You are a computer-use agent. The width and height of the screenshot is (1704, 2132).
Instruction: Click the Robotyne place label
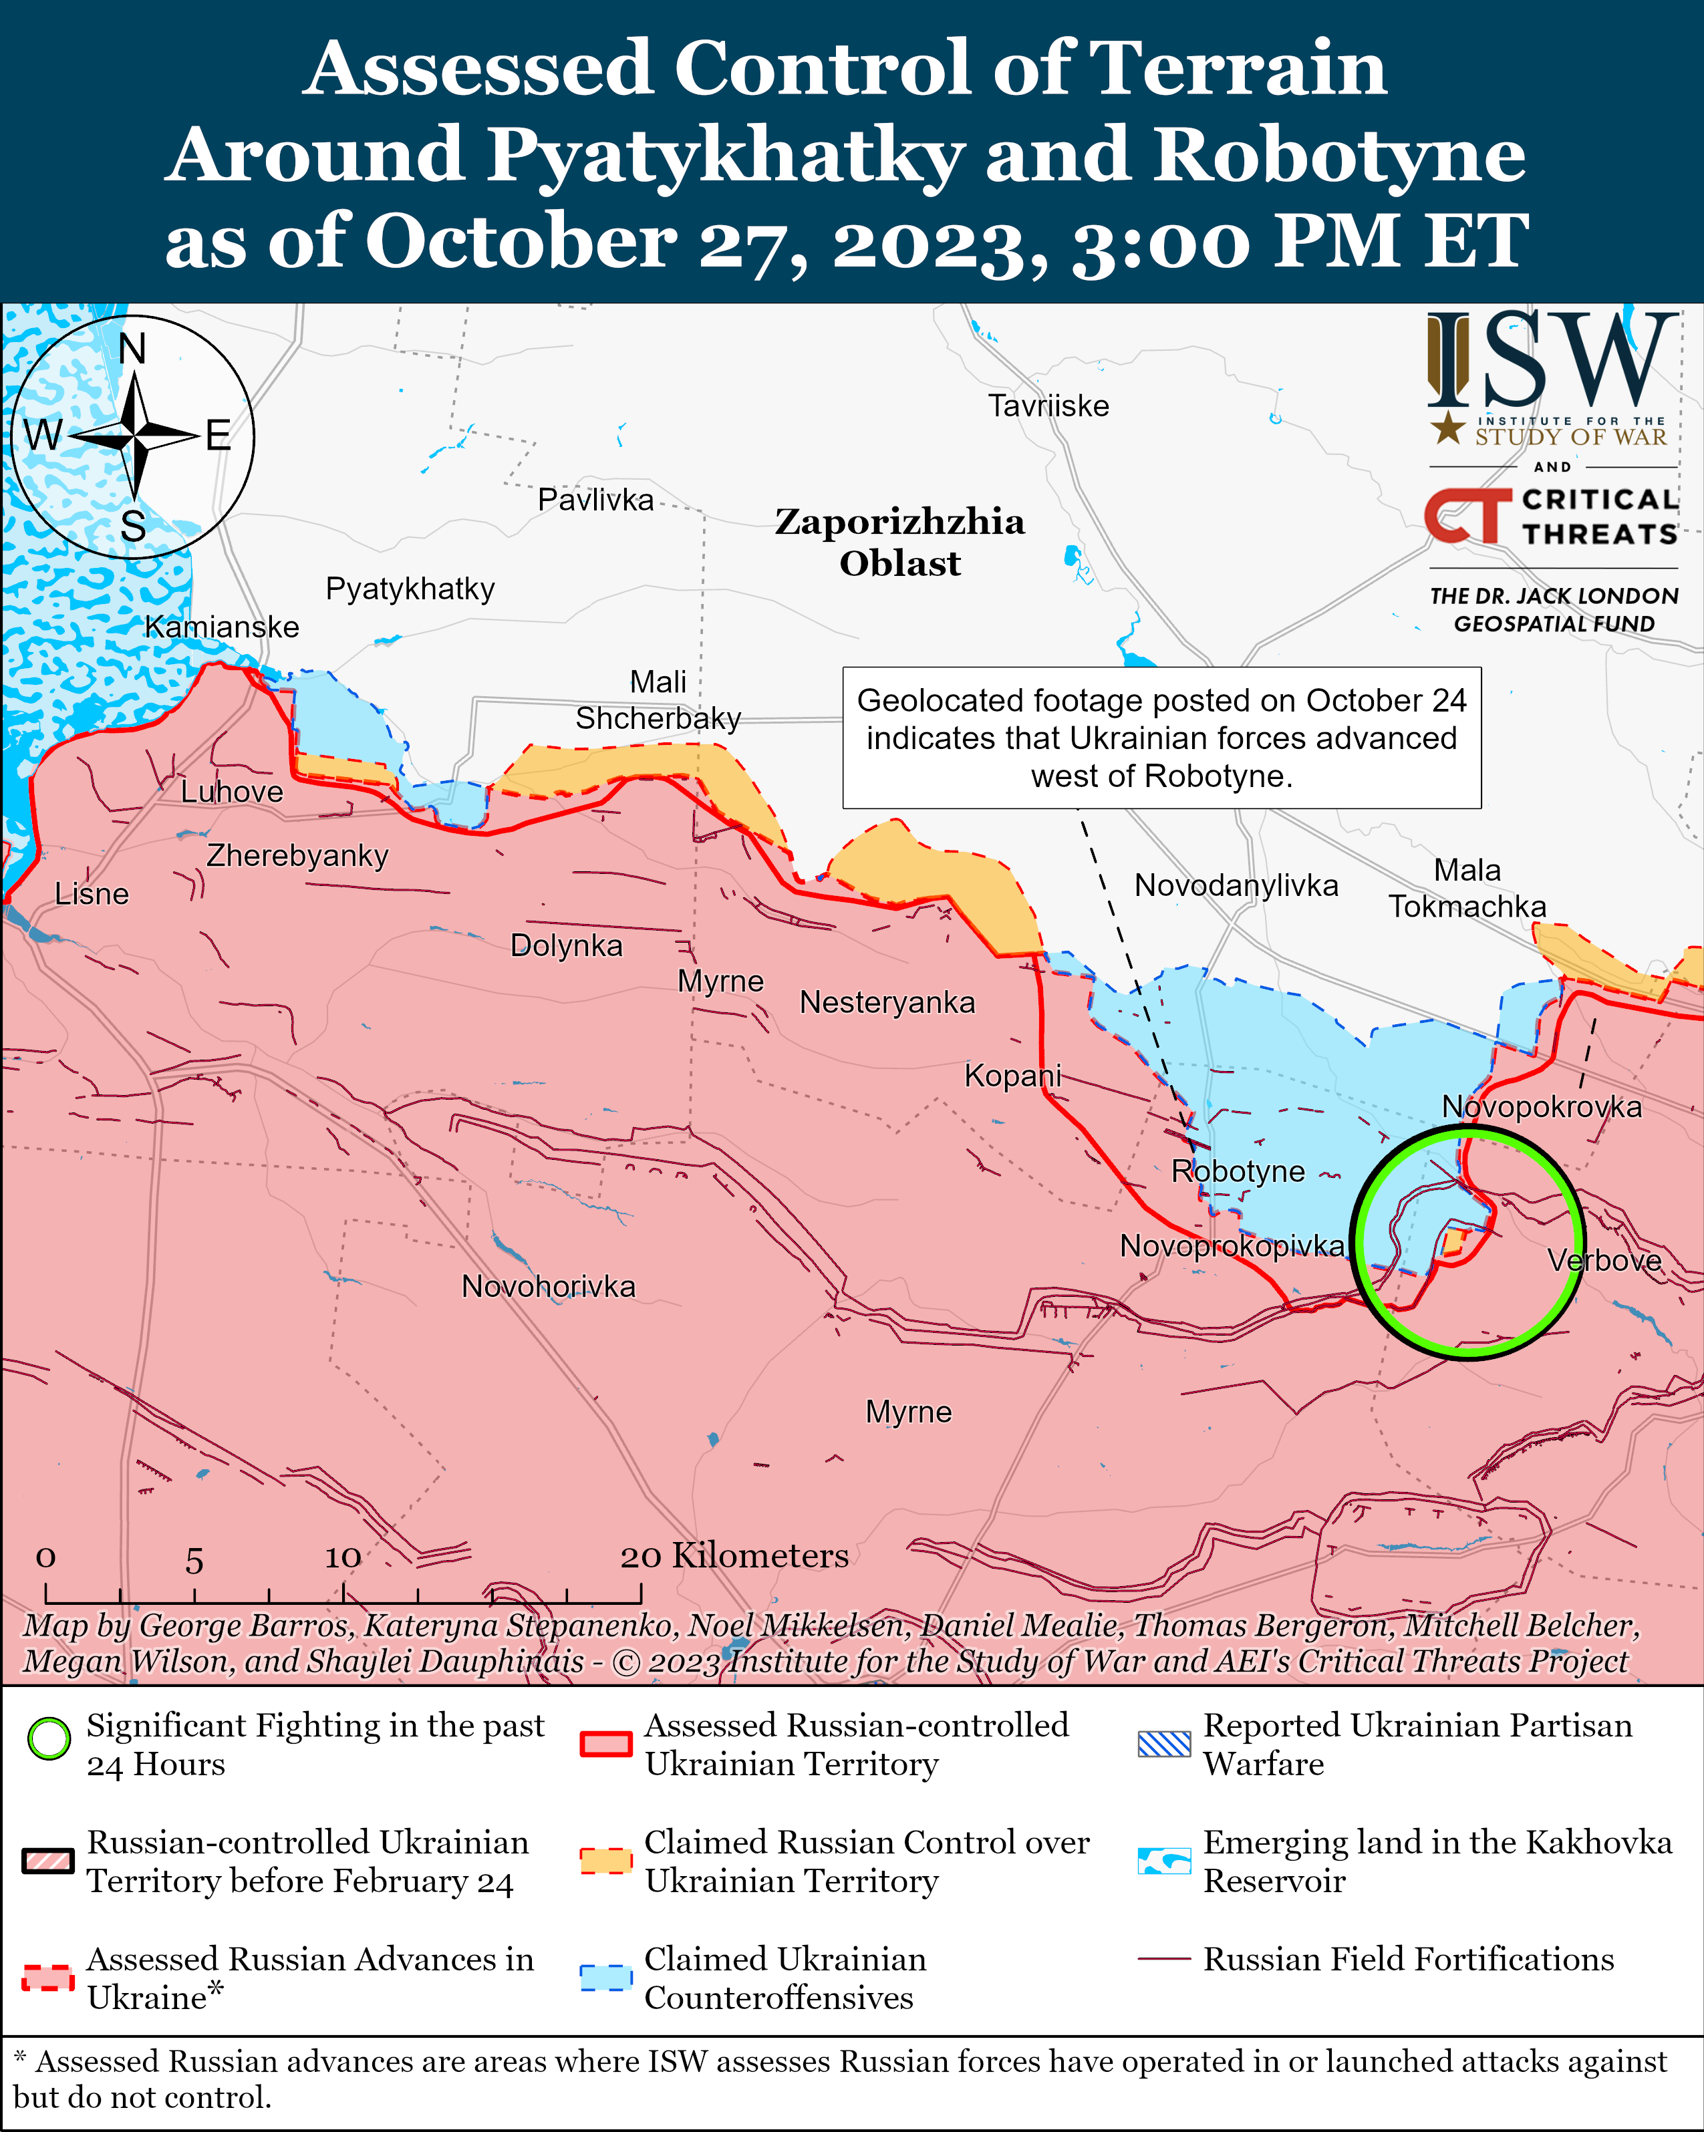click(x=1237, y=1172)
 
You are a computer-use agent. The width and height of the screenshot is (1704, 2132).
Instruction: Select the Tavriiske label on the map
click(x=1048, y=406)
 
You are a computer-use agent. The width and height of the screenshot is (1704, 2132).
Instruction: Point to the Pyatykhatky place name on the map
click(x=410, y=589)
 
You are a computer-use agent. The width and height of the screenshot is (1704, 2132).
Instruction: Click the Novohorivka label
click(x=548, y=1287)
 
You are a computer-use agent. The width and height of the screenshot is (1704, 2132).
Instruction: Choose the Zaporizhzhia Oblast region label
click(x=899, y=542)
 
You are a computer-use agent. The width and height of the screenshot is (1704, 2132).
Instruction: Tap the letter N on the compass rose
click(x=132, y=349)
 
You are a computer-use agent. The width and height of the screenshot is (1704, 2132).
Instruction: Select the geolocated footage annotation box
click(x=1161, y=738)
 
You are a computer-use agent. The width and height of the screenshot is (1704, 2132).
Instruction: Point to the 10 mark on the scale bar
click(x=343, y=1557)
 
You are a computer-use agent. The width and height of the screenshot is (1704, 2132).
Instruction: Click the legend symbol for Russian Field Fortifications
click(x=1164, y=1959)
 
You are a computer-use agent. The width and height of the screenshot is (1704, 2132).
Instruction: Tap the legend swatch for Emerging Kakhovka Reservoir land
click(x=1164, y=1860)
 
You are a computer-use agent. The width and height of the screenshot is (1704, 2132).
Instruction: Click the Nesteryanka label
click(x=887, y=1003)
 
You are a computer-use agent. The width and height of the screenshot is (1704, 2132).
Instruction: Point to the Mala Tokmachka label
click(x=1467, y=888)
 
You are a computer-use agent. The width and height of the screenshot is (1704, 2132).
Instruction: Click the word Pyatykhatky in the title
click(x=725, y=155)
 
